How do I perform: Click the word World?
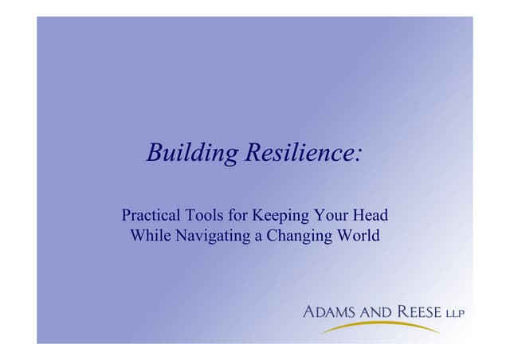click(358, 236)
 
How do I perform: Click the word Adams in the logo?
click(329, 311)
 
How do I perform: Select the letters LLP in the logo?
click(455, 311)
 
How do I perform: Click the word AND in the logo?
click(375, 311)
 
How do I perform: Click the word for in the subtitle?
click(234, 216)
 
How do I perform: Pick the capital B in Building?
click(154, 152)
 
